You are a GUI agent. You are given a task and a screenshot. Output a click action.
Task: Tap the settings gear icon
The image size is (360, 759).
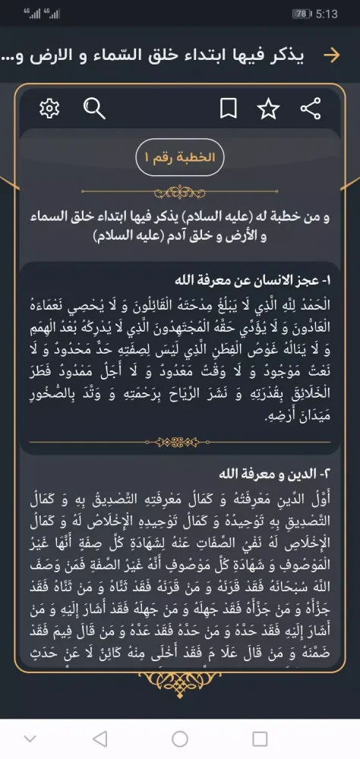click(49, 109)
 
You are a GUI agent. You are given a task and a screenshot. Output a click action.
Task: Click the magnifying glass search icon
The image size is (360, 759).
click(93, 109)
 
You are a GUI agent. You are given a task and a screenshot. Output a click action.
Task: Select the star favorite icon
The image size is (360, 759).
click(268, 109)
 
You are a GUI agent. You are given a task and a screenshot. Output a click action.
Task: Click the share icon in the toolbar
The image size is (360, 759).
click(310, 109)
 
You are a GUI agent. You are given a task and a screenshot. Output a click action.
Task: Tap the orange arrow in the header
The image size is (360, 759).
click(331, 55)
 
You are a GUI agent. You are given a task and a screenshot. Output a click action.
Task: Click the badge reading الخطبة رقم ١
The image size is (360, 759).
click(180, 158)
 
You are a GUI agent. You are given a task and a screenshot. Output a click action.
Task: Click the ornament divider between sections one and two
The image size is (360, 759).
click(180, 442)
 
